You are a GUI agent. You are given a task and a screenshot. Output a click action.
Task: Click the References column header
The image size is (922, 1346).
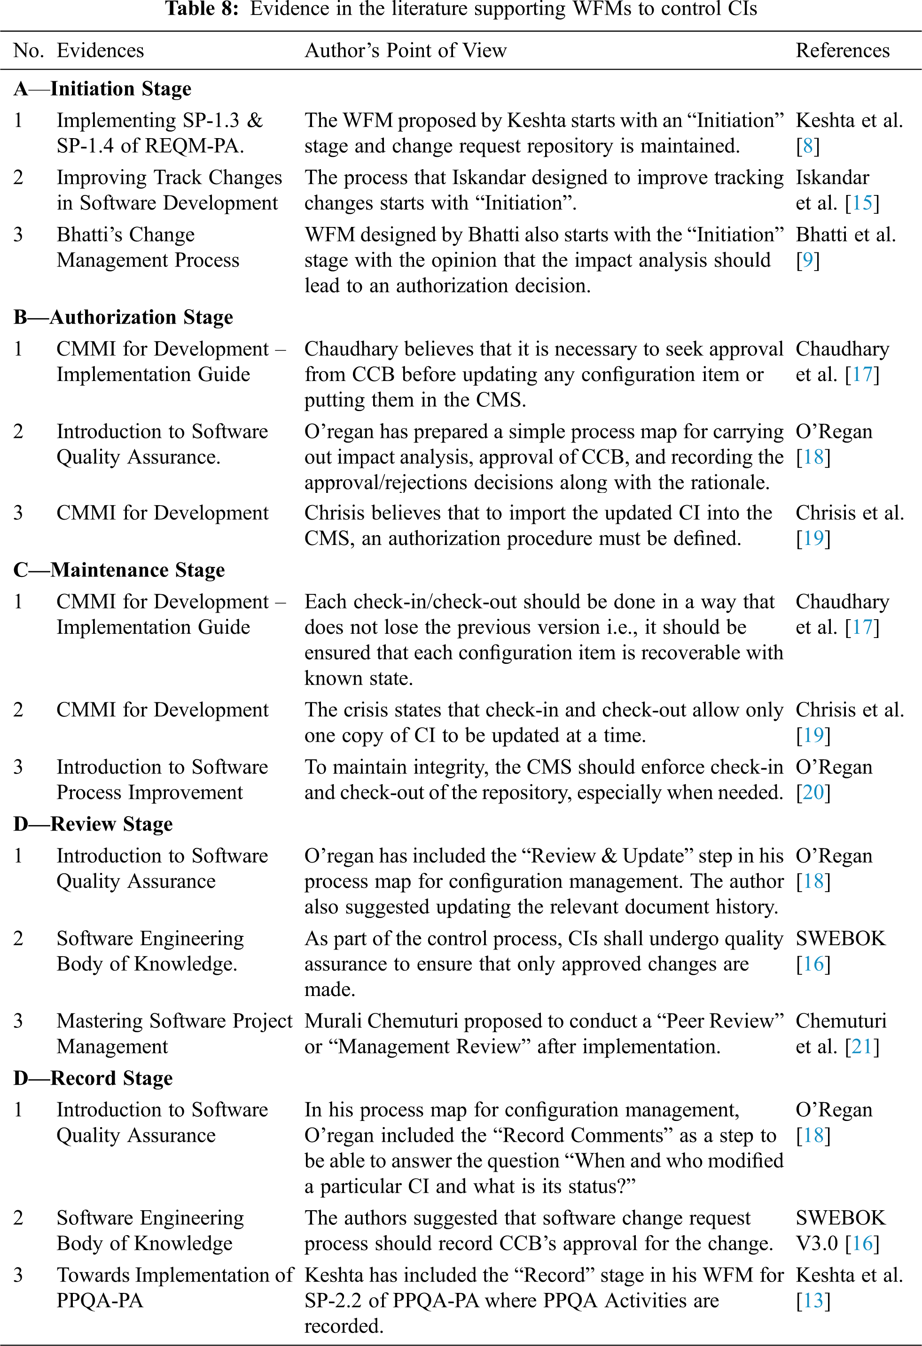click(842, 50)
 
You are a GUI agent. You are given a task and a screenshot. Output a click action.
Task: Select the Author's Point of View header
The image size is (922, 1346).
click(406, 50)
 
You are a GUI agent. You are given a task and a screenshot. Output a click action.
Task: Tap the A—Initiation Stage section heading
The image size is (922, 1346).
click(102, 89)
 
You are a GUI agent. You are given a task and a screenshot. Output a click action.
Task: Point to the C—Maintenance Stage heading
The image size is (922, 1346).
click(119, 570)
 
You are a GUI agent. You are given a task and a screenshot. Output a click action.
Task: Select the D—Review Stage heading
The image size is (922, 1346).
click(93, 824)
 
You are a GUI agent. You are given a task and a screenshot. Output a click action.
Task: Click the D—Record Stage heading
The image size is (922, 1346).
click(93, 1078)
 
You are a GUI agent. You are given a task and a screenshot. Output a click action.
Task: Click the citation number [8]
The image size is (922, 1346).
click(807, 146)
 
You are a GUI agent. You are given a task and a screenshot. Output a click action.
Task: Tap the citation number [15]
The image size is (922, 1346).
click(862, 202)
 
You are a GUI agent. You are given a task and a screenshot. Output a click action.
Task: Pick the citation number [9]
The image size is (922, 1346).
click(807, 260)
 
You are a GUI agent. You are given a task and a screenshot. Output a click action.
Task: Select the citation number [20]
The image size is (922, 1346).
click(813, 792)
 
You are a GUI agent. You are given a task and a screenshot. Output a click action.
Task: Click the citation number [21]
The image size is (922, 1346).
click(862, 1047)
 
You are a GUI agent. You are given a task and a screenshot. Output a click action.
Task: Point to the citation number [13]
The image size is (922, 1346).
click(813, 1301)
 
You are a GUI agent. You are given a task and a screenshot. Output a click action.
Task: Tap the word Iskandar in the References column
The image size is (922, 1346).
click(832, 177)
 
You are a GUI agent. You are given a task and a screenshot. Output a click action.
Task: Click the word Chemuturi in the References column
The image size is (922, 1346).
click(840, 1020)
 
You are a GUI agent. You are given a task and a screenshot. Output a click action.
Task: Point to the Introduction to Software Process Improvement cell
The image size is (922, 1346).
click(162, 779)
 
